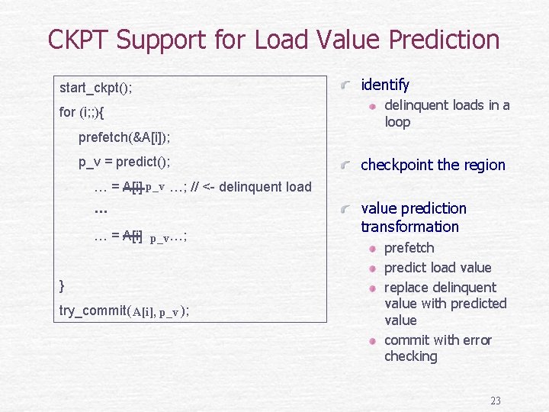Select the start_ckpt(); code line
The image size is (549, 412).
click(95, 88)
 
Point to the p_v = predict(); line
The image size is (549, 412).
click(124, 162)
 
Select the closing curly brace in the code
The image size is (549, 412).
click(62, 285)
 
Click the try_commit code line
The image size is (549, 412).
click(124, 311)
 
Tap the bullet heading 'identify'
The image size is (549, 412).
click(384, 85)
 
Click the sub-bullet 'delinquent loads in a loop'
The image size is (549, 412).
click(446, 114)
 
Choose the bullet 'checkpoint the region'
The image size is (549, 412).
click(432, 165)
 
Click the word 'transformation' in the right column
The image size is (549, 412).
click(409, 227)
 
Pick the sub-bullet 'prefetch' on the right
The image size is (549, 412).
click(409, 248)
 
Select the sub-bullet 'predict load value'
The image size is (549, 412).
click(437, 268)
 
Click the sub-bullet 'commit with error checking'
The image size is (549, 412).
click(437, 348)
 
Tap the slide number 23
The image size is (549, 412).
click(495, 401)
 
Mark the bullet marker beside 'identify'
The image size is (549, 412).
click(347, 85)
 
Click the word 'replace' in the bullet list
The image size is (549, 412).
click(407, 288)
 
